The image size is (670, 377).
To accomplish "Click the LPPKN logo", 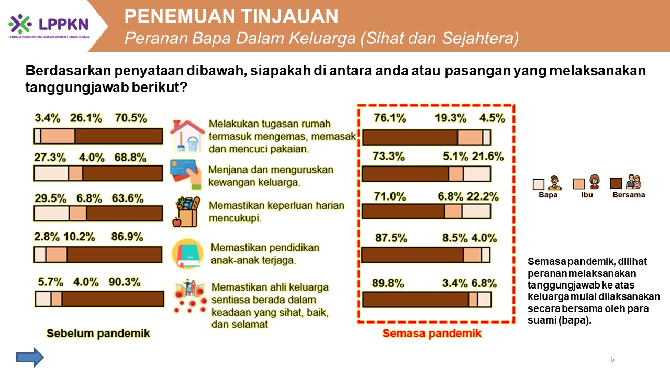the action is click(x=49, y=26).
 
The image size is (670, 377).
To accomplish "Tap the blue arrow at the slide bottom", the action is click(x=30, y=357).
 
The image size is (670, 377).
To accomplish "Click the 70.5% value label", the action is click(x=131, y=118).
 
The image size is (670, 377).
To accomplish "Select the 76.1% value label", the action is click(x=390, y=118).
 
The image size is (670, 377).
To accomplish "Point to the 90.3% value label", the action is click(x=125, y=282).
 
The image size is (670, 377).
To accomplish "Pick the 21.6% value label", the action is click(x=488, y=157).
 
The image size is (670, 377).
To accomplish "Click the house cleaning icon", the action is click(x=187, y=136).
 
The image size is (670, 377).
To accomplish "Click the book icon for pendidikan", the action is click(x=188, y=253).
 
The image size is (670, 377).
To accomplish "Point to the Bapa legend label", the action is click(x=548, y=195).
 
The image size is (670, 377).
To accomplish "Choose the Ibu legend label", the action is click(x=587, y=195).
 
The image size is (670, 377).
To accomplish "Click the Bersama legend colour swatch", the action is click(x=616, y=183).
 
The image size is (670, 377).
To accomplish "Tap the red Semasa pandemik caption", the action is click(x=432, y=334).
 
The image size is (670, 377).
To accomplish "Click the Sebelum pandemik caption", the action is click(x=98, y=334).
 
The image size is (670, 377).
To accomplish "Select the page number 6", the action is click(x=612, y=359).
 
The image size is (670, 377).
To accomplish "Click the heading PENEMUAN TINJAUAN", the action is click(x=231, y=16).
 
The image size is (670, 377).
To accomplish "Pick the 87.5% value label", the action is click(x=391, y=238).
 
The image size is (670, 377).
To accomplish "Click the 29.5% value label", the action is click(x=50, y=198).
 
